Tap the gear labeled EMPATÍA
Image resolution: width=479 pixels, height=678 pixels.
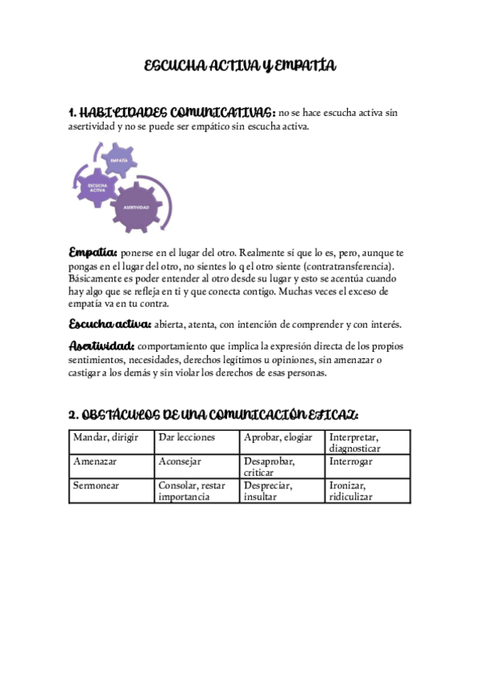tap(119, 161)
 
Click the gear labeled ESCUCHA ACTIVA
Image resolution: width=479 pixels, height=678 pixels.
tap(98, 189)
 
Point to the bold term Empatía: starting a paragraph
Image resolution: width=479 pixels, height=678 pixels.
tap(93, 252)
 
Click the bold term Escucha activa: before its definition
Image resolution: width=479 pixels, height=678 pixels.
tap(110, 324)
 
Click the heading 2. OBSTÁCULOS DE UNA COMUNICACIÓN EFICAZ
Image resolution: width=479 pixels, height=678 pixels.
tap(213, 415)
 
